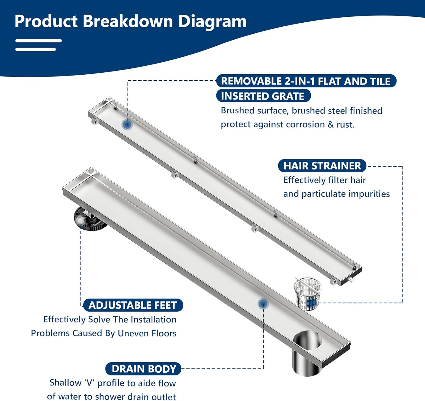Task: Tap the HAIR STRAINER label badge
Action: (x=322, y=166)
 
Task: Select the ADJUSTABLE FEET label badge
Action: (x=133, y=305)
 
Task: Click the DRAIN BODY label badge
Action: (x=143, y=369)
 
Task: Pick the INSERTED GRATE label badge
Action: (x=263, y=96)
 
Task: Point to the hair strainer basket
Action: (x=307, y=293)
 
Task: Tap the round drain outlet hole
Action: (x=307, y=340)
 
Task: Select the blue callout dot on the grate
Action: (x=127, y=124)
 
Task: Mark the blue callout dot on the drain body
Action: (x=263, y=304)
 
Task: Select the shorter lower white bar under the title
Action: (x=35, y=50)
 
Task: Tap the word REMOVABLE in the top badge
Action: (x=251, y=81)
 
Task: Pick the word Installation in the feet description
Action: (x=154, y=320)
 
